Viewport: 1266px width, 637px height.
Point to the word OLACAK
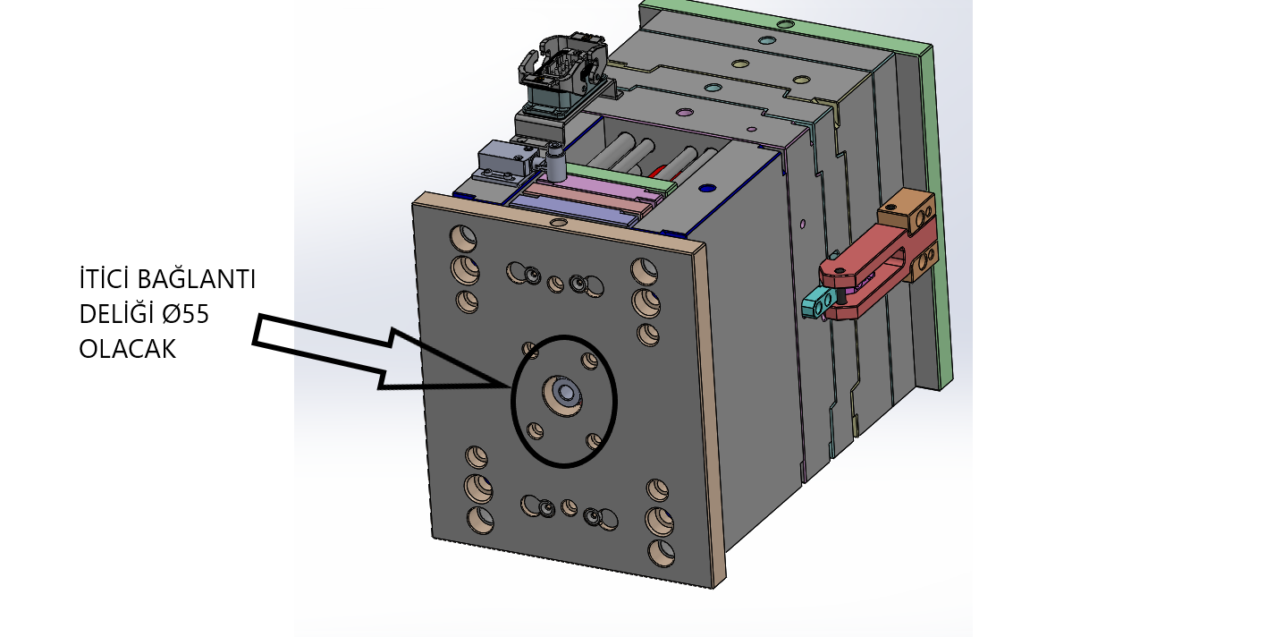coord(128,349)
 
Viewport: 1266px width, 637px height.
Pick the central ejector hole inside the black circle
coord(563,395)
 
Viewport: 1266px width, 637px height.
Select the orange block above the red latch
coord(906,212)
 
